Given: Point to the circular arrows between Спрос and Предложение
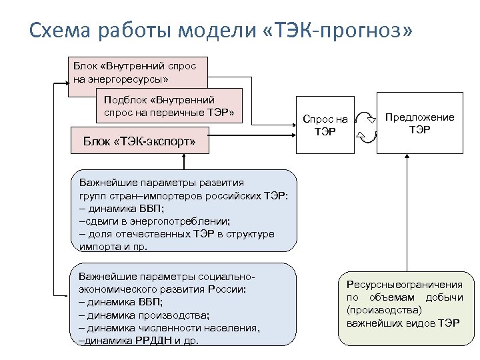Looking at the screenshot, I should click(368, 126).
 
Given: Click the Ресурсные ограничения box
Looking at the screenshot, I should click(404, 303).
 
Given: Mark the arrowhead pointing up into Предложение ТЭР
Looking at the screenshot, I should click(405, 158).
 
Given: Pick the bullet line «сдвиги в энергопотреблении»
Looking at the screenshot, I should click(155, 221).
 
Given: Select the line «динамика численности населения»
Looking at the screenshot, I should click(169, 327).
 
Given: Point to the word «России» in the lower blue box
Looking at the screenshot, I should click(227, 289).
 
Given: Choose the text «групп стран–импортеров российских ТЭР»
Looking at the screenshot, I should click(183, 195).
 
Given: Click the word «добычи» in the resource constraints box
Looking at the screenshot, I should click(447, 297).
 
